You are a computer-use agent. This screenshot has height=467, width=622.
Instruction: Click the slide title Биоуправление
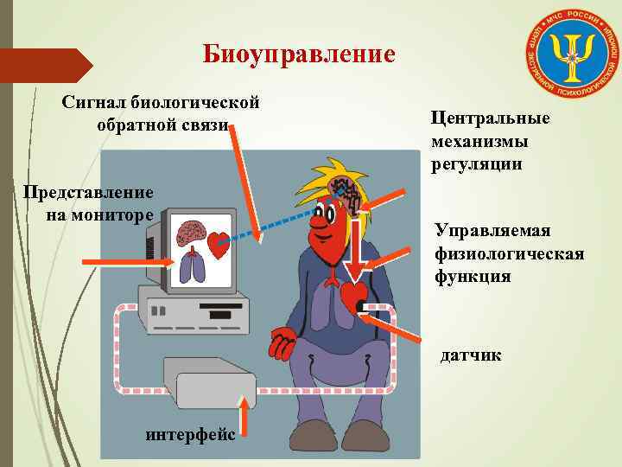pos(299,54)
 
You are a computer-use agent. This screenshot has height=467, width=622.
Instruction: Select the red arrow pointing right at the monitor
pos(112,261)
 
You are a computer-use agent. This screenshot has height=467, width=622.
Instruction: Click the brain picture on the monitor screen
pos(190,232)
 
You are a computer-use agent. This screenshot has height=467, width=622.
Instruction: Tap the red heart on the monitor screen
pos(219,244)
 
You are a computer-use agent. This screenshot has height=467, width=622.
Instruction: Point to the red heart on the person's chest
pos(354,297)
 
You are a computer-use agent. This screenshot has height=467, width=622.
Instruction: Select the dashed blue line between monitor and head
pos(285,220)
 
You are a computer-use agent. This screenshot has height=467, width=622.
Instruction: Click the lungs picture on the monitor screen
pos(194,267)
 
